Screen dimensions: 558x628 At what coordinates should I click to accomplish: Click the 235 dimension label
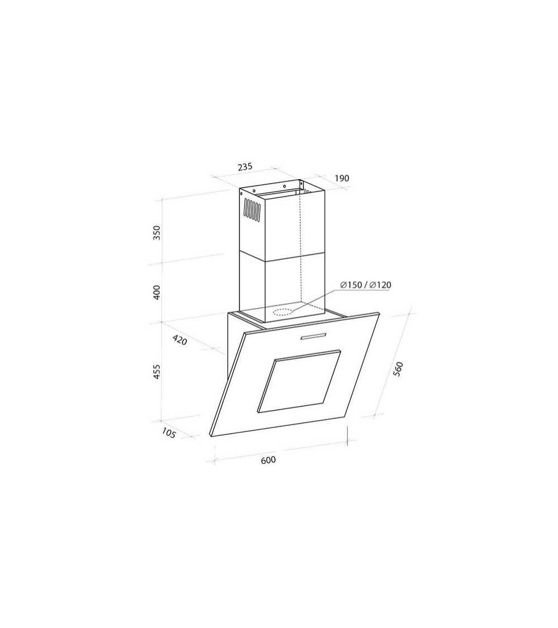pyautogui.click(x=245, y=166)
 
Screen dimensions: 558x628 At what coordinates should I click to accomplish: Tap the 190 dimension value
pyautogui.click(x=341, y=178)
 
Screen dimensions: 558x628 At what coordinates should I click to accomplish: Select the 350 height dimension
pyautogui.click(x=156, y=233)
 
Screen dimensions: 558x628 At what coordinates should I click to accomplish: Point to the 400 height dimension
pyautogui.click(x=156, y=292)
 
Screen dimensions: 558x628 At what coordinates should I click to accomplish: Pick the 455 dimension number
pyautogui.click(x=156, y=372)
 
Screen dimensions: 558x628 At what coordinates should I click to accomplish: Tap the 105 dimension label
pyautogui.click(x=169, y=433)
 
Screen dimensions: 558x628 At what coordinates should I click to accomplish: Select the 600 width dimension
pyautogui.click(x=268, y=460)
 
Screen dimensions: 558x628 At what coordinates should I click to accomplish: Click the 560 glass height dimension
pyautogui.click(x=398, y=369)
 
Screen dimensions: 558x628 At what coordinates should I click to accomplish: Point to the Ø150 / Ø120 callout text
pyautogui.click(x=365, y=285)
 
